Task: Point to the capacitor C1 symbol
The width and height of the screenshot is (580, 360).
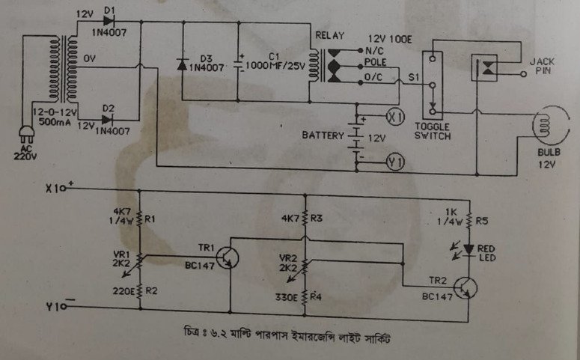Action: click(239, 64)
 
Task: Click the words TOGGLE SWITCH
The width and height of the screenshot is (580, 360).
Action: click(431, 132)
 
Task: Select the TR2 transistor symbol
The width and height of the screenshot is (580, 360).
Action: click(466, 287)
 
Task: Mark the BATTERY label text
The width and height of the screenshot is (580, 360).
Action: click(323, 137)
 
